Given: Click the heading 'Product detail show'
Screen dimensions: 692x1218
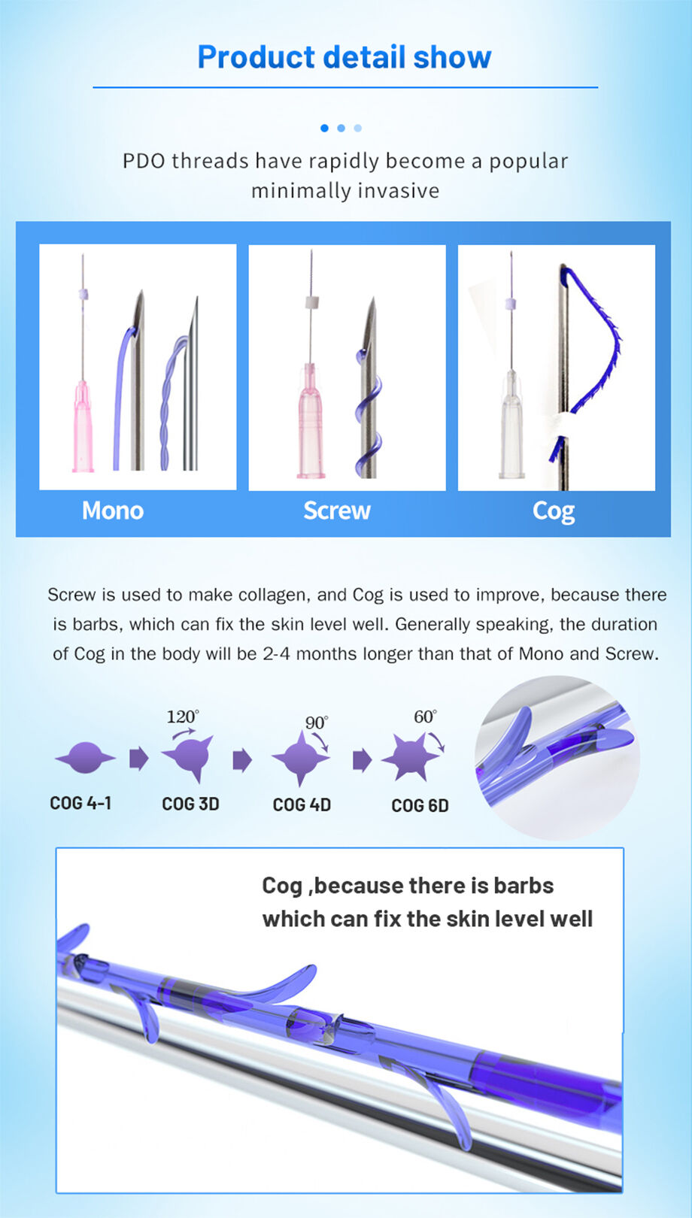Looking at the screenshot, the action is tap(344, 57).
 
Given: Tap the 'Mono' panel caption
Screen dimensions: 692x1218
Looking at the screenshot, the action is tap(113, 511).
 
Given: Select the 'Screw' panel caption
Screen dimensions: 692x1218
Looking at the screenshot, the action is tap(337, 511).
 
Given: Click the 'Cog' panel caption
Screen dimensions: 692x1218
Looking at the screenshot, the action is tap(554, 512).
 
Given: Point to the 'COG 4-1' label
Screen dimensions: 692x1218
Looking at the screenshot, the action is tap(80, 803).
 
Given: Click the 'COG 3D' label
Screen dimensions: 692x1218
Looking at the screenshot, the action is tap(190, 804).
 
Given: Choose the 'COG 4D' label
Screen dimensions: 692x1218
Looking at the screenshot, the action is tap(302, 804).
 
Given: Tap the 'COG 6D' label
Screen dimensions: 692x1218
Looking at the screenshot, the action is tap(420, 805).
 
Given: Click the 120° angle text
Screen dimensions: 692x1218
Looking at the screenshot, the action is tap(183, 717).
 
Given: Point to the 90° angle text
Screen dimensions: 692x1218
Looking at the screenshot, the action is tap(317, 723).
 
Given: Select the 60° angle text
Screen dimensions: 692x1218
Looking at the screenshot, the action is tap(426, 717).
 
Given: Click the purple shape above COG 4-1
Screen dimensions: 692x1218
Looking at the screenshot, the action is tap(85, 757).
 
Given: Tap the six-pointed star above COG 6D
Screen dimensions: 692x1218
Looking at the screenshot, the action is tap(411, 757).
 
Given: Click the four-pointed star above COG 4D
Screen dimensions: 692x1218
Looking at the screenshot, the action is tap(300, 757).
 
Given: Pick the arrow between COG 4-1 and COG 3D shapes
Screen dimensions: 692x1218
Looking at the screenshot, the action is tap(138, 759).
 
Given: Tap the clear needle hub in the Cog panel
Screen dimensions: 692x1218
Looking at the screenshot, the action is tap(511, 424).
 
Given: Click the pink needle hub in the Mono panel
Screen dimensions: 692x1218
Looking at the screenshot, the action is tap(83, 426).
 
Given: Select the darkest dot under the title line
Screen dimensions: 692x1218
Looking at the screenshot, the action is tap(325, 129).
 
